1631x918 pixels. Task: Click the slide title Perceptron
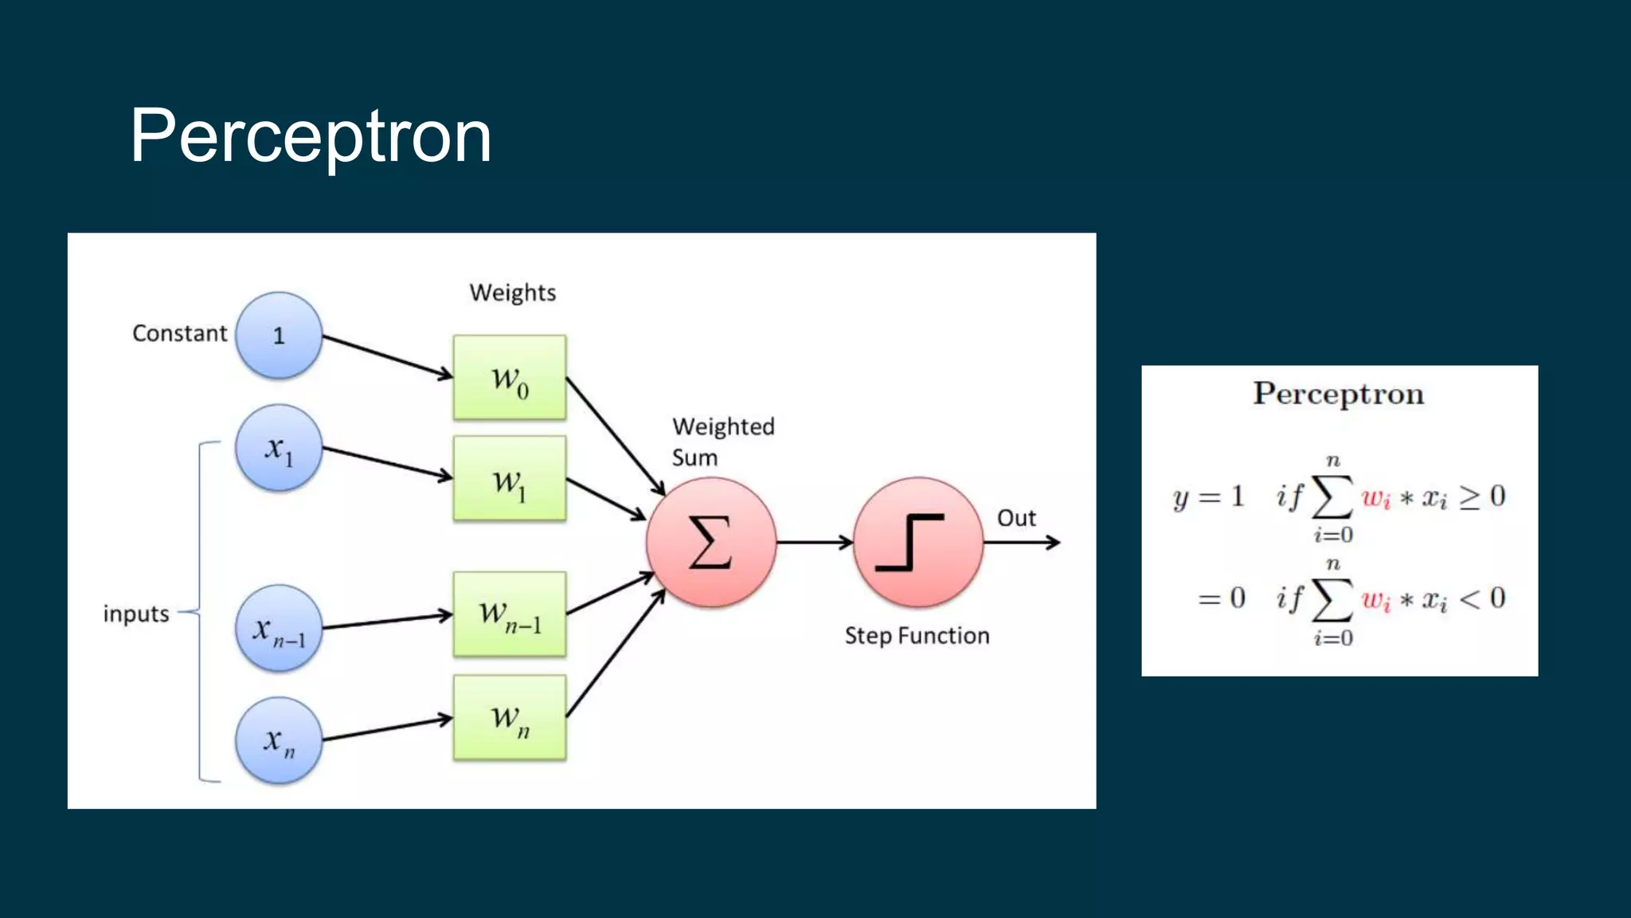coord(311,137)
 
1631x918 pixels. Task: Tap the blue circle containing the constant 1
coord(279,335)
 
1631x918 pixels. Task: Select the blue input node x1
coord(279,448)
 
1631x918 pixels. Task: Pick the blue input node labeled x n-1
coord(279,629)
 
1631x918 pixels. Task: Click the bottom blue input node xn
coord(279,741)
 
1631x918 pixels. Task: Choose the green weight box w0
coord(510,378)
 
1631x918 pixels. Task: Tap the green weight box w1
coord(510,479)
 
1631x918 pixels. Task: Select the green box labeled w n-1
coord(510,614)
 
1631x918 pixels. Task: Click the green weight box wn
coord(510,718)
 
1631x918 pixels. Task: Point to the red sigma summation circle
coord(710,543)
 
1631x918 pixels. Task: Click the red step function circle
coord(917,543)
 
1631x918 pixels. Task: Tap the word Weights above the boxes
coord(512,292)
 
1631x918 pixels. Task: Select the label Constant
coord(179,333)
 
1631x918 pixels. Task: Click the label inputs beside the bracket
coord(136,614)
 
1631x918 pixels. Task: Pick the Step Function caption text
coord(917,636)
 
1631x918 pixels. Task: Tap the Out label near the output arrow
coord(1016,518)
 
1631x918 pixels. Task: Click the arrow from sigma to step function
coord(814,543)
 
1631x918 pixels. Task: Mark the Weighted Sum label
coord(722,441)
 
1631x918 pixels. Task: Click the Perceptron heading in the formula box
coord(1338,394)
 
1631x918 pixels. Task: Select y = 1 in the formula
coord(1208,497)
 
